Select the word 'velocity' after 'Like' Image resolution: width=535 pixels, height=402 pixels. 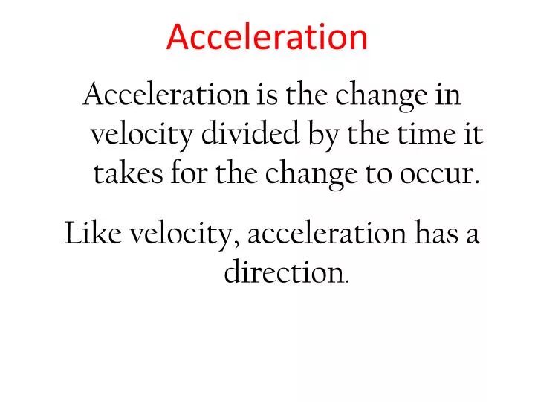[x=184, y=235]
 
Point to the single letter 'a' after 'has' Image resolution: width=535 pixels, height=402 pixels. [x=473, y=235]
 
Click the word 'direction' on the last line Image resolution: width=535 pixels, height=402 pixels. [x=282, y=273]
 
